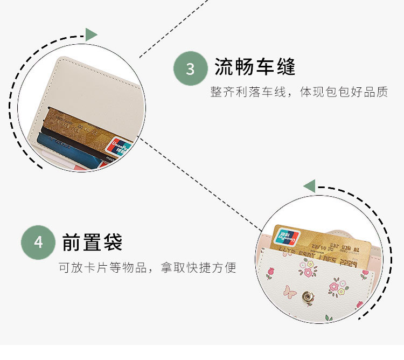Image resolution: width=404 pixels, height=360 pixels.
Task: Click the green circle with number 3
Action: [x=191, y=68]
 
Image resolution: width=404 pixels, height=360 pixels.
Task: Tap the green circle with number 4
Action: [x=38, y=243]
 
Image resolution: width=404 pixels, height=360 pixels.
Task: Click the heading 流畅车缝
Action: [x=255, y=67]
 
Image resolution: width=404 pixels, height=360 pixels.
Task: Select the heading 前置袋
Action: [x=92, y=242]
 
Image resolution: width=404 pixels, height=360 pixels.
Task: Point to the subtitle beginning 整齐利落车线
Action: [x=299, y=92]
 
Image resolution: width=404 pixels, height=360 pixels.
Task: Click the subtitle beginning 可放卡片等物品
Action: [x=147, y=267]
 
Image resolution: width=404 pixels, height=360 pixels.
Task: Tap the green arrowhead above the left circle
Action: [x=91, y=34]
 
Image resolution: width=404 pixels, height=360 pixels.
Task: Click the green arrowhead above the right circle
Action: [x=309, y=186]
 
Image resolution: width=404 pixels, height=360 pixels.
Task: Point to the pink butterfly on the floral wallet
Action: [x=290, y=292]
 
